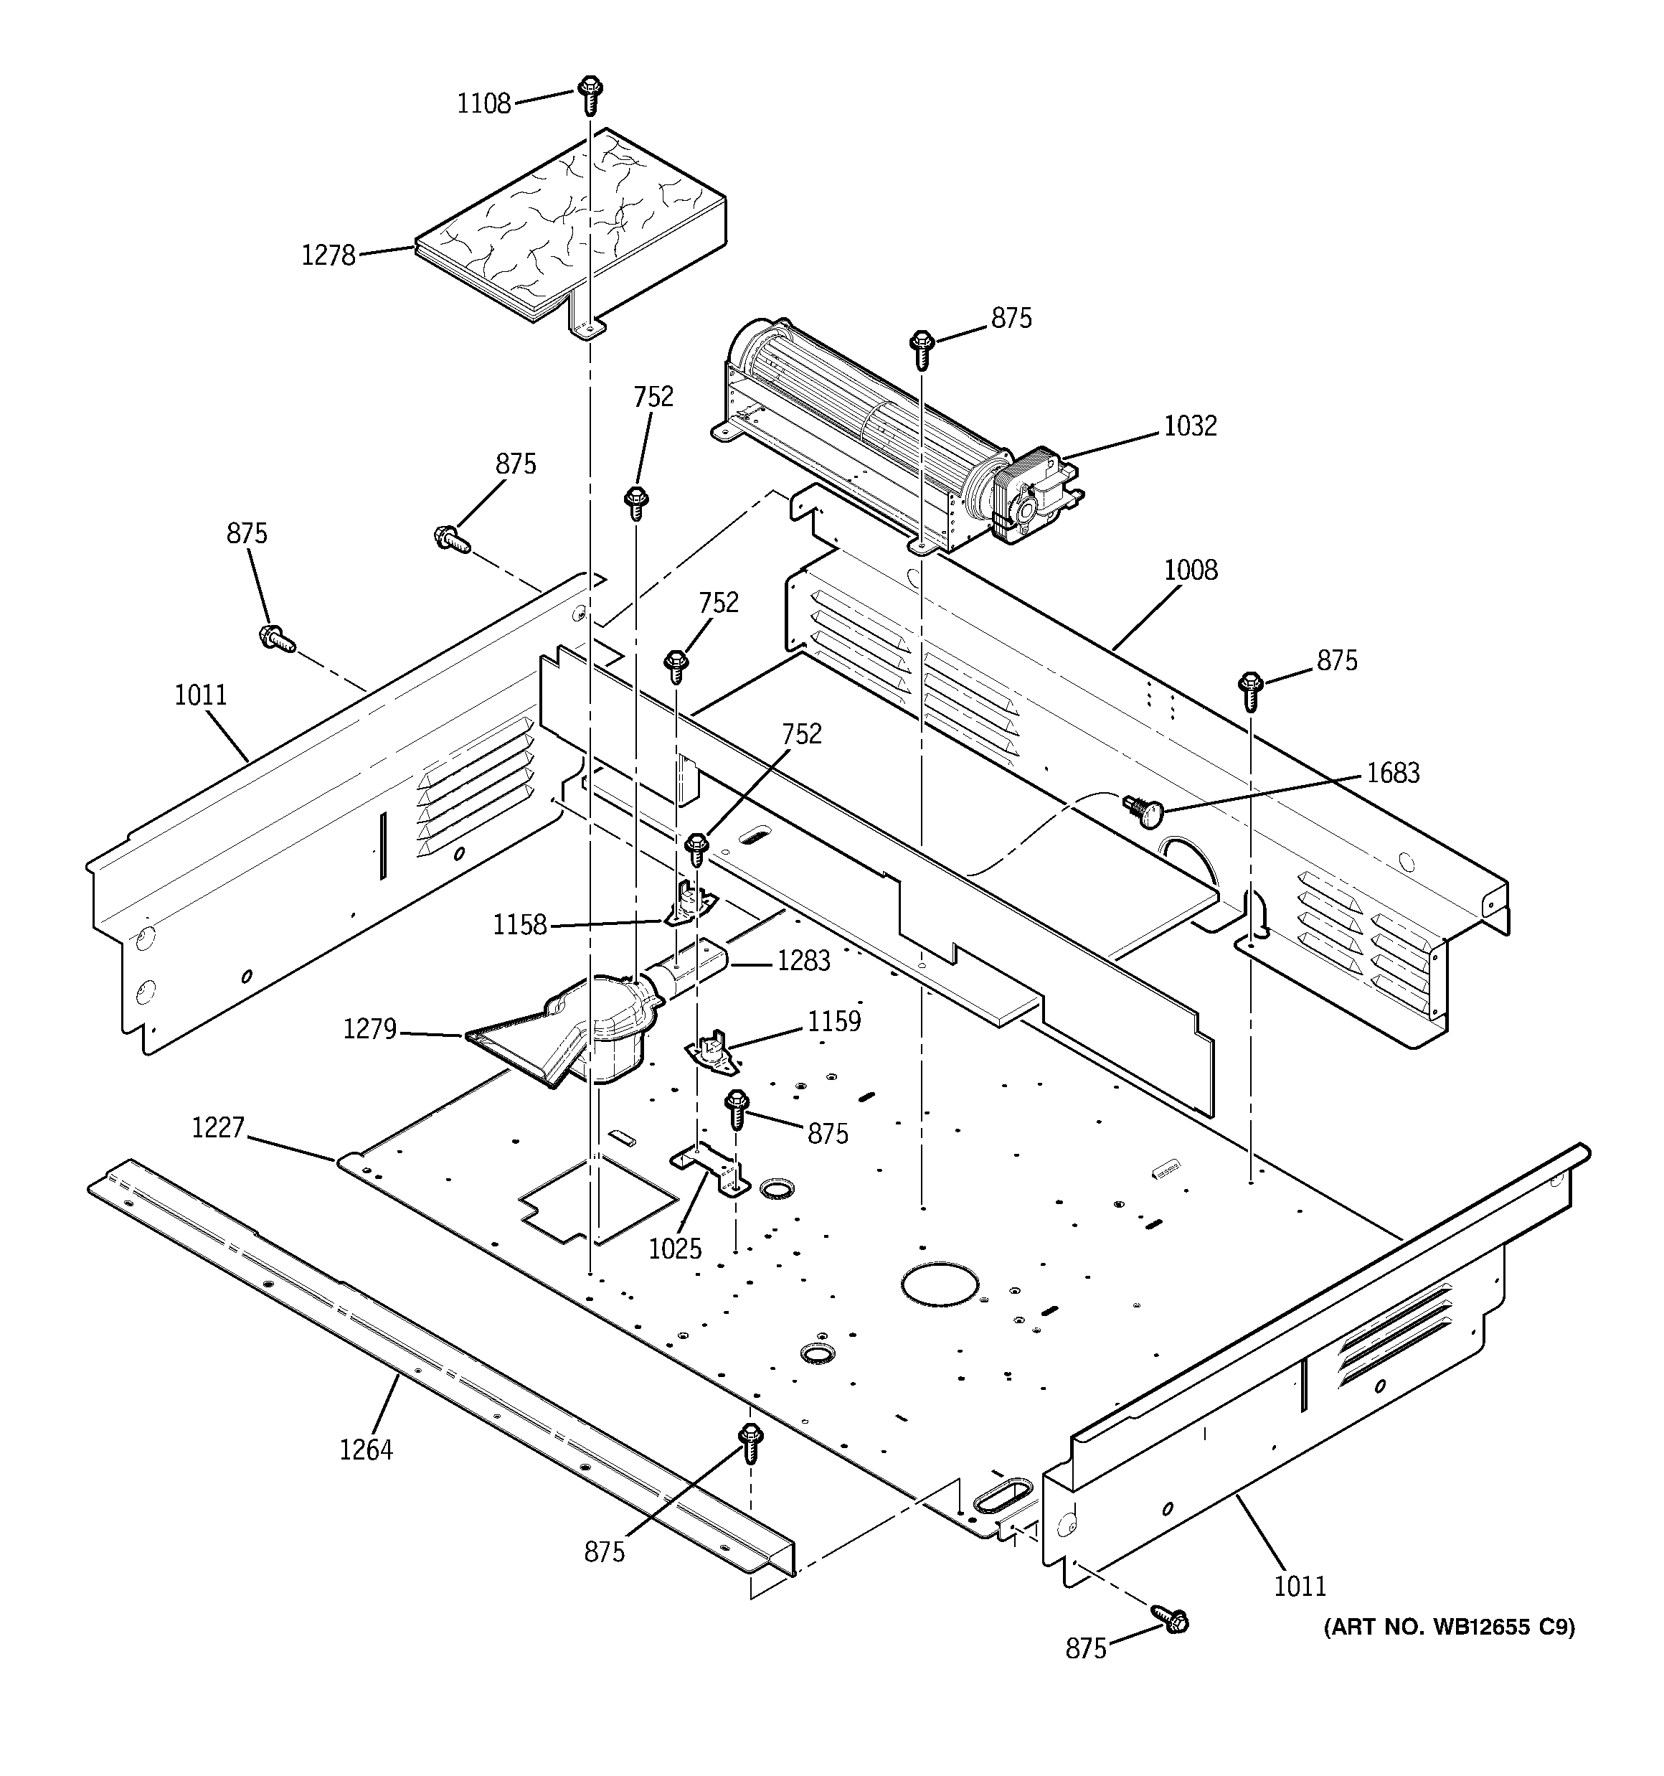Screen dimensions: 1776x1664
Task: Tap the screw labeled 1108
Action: (x=589, y=94)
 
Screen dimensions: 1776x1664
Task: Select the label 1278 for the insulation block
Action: (x=328, y=255)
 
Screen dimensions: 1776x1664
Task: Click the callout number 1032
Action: (x=1190, y=426)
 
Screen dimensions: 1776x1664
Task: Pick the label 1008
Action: (x=1191, y=570)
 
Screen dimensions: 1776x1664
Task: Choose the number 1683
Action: (x=1392, y=772)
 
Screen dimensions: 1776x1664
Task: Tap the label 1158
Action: (x=520, y=925)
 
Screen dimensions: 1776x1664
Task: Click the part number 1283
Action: (x=803, y=962)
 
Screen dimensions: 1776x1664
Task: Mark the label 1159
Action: (x=833, y=1021)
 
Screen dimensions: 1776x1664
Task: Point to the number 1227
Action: (x=218, y=1127)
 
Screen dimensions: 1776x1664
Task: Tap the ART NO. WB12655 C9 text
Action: (x=1449, y=1627)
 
